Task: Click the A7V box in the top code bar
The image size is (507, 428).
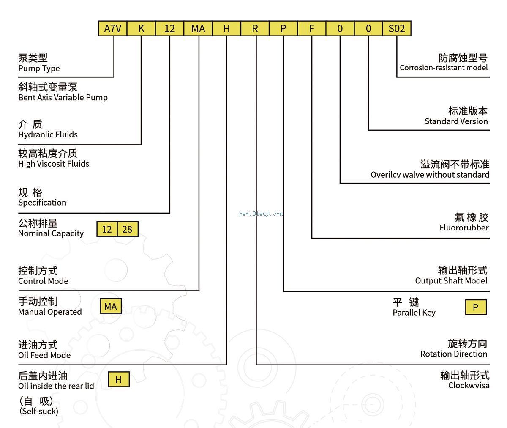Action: (x=113, y=28)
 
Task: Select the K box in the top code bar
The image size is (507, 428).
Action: (x=141, y=28)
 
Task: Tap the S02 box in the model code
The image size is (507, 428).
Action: (x=397, y=28)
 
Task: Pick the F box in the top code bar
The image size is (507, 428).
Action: (x=312, y=28)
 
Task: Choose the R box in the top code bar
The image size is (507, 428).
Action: (x=255, y=28)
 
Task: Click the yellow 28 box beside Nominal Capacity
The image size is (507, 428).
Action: (x=128, y=229)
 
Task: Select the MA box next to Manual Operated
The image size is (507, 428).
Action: (x=111, y=306)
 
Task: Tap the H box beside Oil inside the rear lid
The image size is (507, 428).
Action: (x=119, y=379)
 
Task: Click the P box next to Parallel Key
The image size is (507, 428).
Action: (x=476, y=307)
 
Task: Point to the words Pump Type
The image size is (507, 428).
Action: (x=39, y=68)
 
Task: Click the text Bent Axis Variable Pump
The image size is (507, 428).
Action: (x=63, y=97)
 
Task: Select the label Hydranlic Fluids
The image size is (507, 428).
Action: (x=48, y=134)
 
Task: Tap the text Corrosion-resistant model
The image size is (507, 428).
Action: (x=444, y=68)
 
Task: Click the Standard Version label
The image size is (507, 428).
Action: (x=456, y=121)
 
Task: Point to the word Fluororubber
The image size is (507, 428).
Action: (x=464, y=228)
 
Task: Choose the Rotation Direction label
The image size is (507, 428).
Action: (x=454, y=354)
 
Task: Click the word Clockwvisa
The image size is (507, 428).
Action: (x=469, y=385)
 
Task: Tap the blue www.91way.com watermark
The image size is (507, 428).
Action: (x=261, y=214)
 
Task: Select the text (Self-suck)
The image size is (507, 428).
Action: (x=39, y=411)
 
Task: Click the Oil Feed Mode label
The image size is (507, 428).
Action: (x=44, y=355)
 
